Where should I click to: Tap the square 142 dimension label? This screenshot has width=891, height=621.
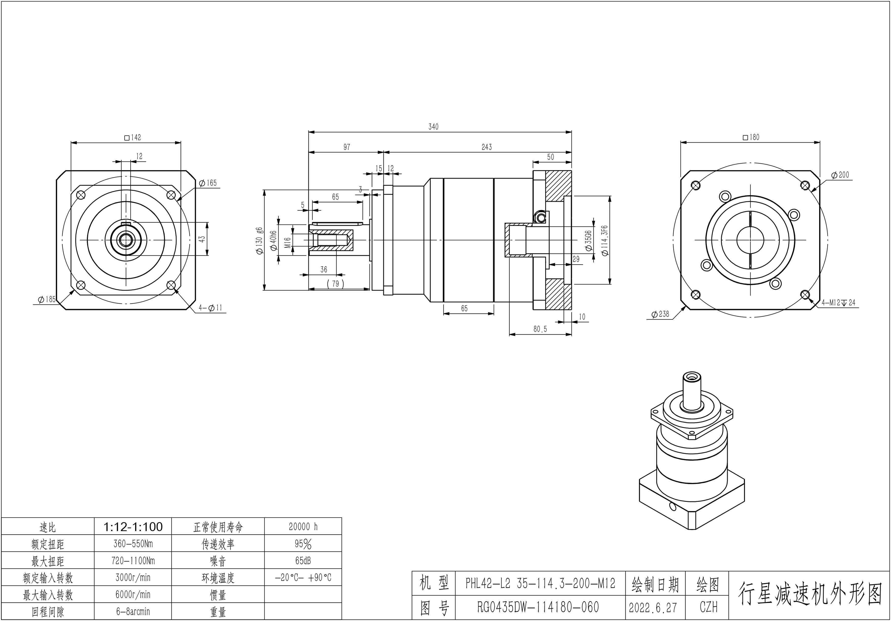tap(133, 137)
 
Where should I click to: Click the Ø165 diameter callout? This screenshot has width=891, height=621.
tap(208, 183)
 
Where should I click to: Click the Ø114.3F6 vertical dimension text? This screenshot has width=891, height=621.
tap(604, 240)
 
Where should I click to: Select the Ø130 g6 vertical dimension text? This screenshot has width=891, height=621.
tap(259, 241)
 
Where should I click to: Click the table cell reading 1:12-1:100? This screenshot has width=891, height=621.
tap(133, 527)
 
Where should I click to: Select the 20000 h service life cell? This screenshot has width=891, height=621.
tap(303, 527)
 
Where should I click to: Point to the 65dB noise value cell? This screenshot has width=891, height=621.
tap(303, 561)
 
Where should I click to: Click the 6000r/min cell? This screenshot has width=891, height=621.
tap(133, 595)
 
